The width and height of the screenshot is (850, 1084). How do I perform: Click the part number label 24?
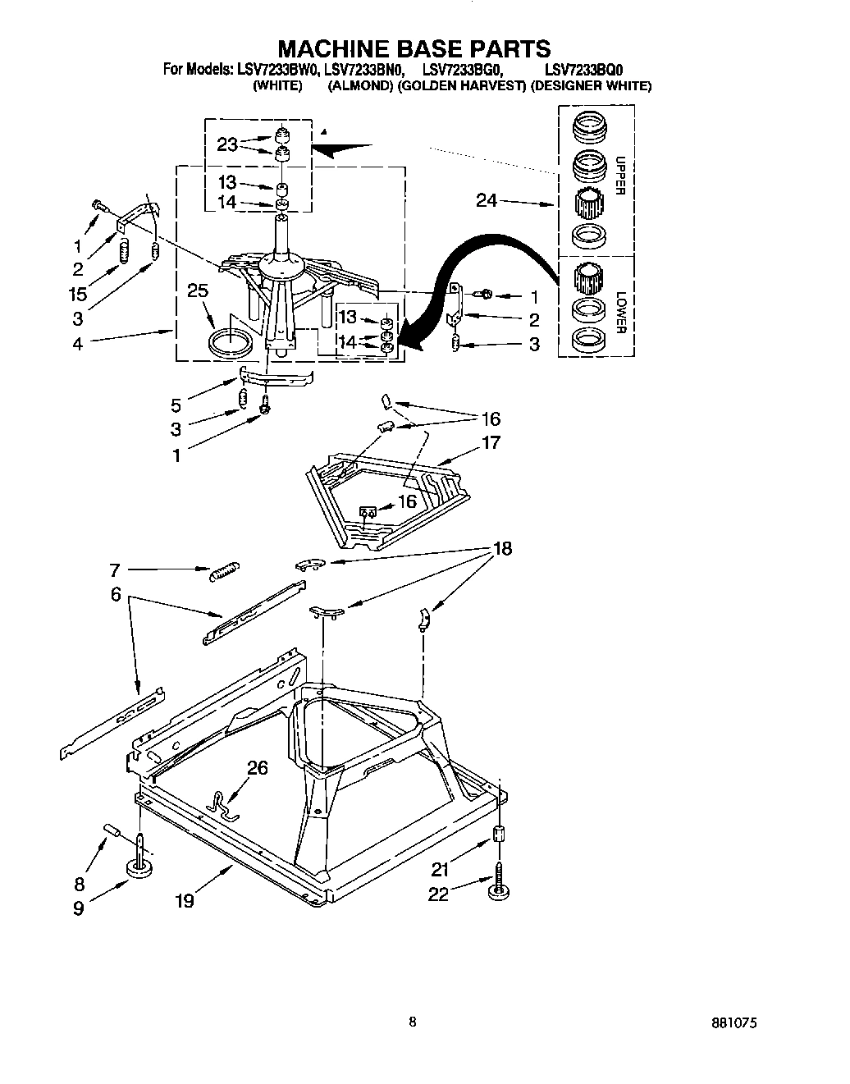pyautogui.click(x=487, y=199)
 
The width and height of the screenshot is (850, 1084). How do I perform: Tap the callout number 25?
pyautogui.click(x=197, y=290)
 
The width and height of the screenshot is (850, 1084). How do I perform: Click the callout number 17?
pyautogui.click(x=491, y=442)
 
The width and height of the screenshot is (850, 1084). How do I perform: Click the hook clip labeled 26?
pyautogui.click(x=222, y=802)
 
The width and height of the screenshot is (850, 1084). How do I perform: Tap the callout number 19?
pyautogui.click(x=184, y=900)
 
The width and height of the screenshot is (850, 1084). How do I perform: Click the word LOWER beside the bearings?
pyautogui.click(x=620, y=313)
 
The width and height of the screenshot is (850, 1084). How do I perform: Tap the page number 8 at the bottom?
pyautogui.click(x=413, y=1022)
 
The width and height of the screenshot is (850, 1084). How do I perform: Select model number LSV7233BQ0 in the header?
pyautogui.click(x=571, y=71)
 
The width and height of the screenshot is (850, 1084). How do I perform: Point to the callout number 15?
pyautogui.click(x=77, y=293)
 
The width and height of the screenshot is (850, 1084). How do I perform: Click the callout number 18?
pyautogui.click(x=500, y=549)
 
